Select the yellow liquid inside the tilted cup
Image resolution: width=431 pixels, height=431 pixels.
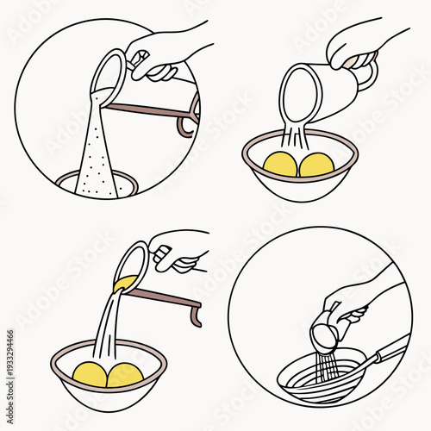coord(126,281)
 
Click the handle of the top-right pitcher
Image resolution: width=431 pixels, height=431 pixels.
coord(366,78)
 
